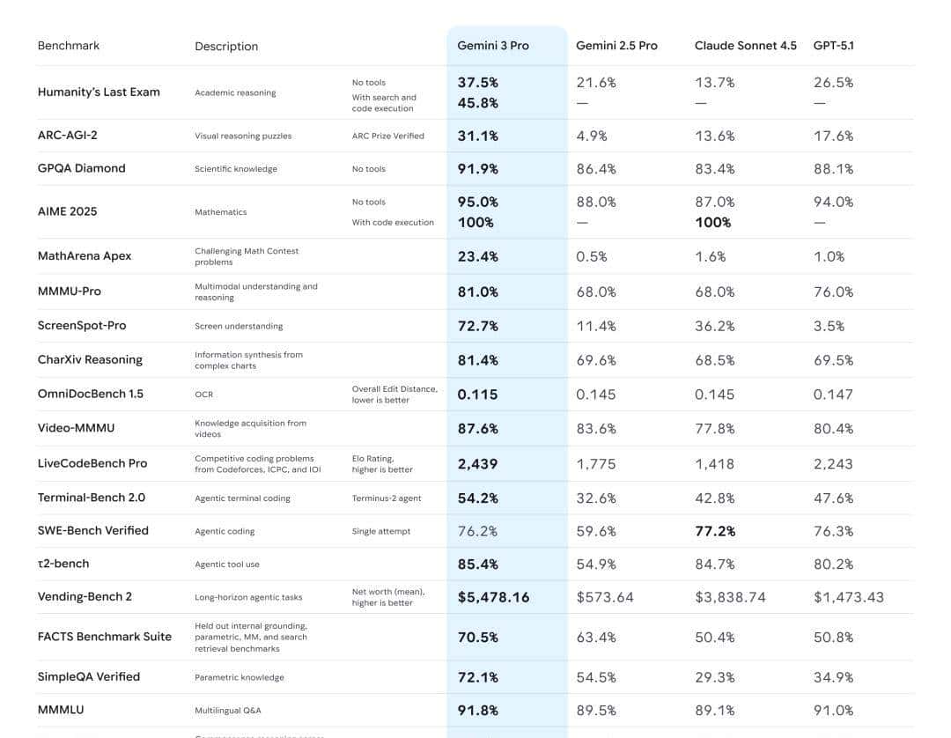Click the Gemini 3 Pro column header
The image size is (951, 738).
[x=493, y=46]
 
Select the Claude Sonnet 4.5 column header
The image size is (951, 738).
[x=745, y=46]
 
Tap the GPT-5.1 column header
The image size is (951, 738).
[x=833, y=46]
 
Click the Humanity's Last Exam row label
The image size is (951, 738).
[x=99, y=92]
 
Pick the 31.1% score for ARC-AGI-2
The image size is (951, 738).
[x=478, y=136]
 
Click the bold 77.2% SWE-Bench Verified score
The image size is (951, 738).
[x=715, y=531]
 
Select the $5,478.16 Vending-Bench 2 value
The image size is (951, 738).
[x=493, y=597]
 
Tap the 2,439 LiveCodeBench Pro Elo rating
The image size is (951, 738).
[x=477, y=463]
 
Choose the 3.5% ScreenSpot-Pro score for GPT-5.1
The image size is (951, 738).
[x=829, y=326]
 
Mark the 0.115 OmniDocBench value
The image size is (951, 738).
[x=477, y=395]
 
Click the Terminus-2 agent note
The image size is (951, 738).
[x=387, y=498]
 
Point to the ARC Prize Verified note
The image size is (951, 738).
[x=387, y=136]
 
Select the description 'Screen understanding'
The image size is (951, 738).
[x=239, y=326]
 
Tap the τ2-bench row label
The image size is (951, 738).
[x=63, y=564]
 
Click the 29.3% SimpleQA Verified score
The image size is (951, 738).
[x=715, y=677]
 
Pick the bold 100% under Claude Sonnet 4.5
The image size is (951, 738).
[x=712, y=223]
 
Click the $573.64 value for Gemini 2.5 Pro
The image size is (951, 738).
[x=605, y=597]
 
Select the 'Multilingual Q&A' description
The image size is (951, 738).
[x=227, y=711]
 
